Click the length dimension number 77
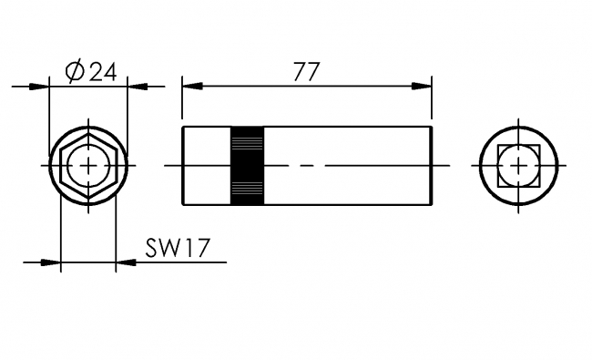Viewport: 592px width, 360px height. point(307,71)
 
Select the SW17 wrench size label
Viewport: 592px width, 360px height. point(170,248)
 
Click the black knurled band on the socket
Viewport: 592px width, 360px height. point(247,165)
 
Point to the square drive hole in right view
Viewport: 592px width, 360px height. point(518,166)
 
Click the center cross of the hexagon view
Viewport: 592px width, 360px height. point(87,166)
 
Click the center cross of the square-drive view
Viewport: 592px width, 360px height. point(518,166)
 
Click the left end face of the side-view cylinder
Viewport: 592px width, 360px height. point(183,165)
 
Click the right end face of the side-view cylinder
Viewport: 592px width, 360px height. point(431,165)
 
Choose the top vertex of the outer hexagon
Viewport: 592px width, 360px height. point(87,131)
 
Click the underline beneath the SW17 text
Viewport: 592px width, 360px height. point(182,262)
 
